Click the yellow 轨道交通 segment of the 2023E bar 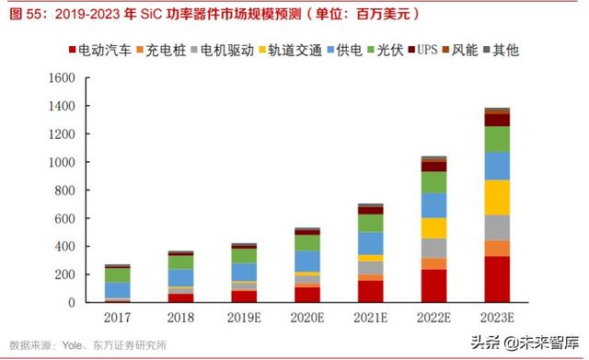pyautogui.click(x=497, y=197)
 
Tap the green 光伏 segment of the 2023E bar pyautogui.click(x=497, y=139)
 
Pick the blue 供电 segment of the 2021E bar pyautogui.click(x=371, y=242)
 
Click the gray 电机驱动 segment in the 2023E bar pyautogui.click(x=497, y=227)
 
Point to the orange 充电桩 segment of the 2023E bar pyautogui.click(x=497, y=249)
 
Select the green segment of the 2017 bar pyautogui.click(x=118, y=274)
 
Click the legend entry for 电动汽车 pyautogui.click(x=98, y=49)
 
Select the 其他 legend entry pyautogui.click(x=502, y=49)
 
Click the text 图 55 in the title pyautogui.click(x=23, y=14)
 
